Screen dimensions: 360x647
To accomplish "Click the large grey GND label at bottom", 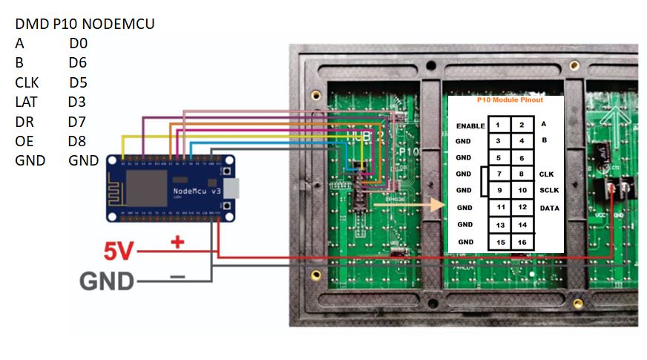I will point(107,281).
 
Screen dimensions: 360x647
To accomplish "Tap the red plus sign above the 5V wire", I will point(177,242).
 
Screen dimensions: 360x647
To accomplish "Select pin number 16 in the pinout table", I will point(522,242).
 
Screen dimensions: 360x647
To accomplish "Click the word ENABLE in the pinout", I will point(470,126).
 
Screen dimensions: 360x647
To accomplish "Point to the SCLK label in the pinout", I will point(550,191).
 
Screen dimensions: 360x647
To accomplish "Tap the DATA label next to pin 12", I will point(550,208).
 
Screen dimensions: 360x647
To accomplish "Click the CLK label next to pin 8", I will point(547,174).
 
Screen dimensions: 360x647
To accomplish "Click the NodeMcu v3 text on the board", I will point(197,192).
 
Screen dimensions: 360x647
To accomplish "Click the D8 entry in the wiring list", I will point(77,141).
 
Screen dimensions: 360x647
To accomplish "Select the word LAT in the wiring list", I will point(26,102).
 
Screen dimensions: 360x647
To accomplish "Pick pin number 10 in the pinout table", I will point(522,191).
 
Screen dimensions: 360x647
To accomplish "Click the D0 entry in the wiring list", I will point(78,44).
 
